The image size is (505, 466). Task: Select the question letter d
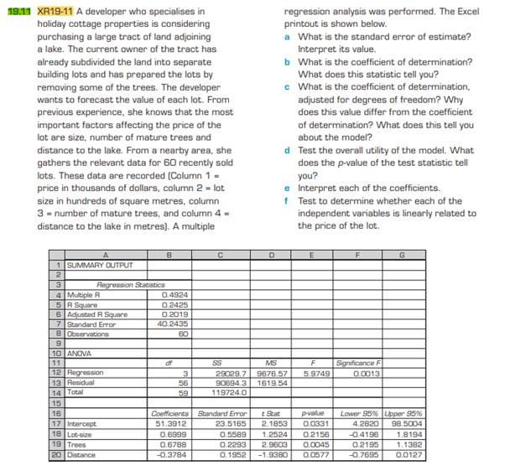pos(289,150)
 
